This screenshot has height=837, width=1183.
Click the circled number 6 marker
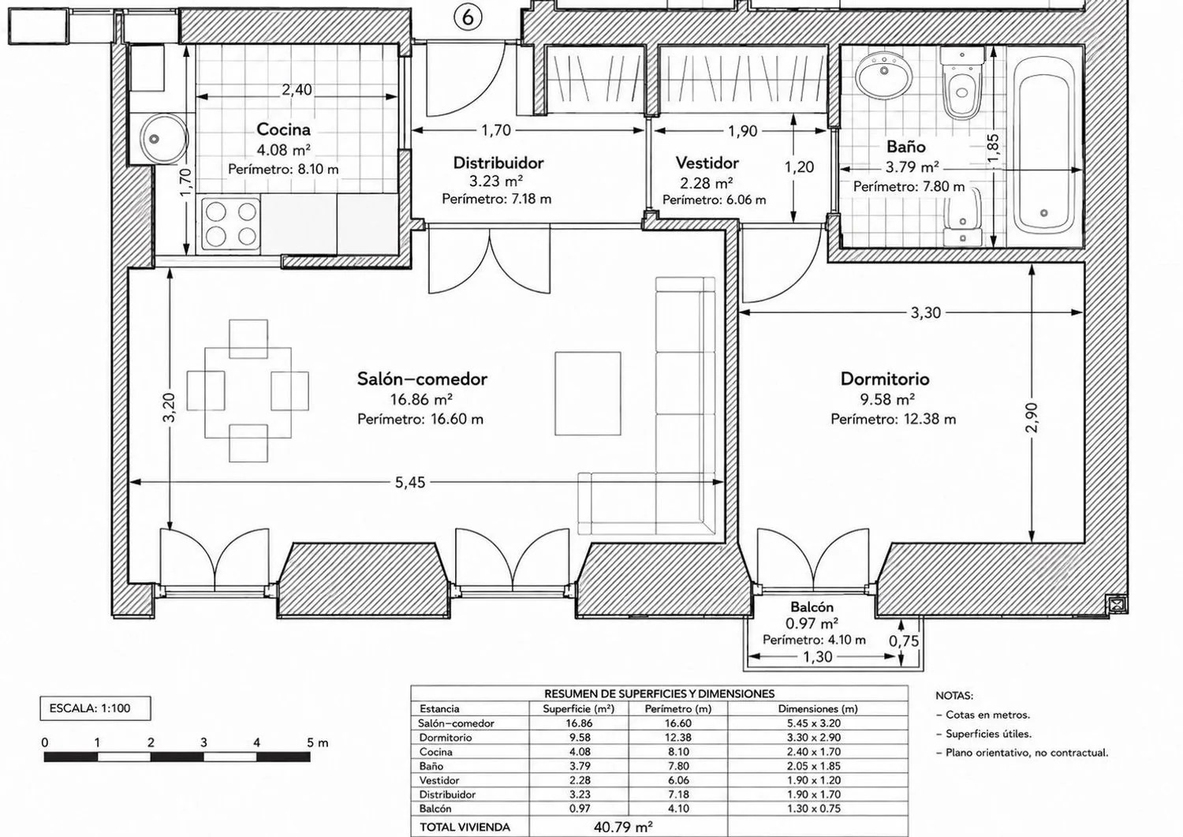tap(468, 17)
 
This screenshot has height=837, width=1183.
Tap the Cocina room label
tap(283, 129)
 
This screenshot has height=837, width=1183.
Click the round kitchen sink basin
tap(164, 139)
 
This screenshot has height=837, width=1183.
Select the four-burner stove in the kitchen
tap(231, 224)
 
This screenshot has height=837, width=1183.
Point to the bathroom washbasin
tap(884, 74)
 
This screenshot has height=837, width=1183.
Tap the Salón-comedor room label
tap(422, 379)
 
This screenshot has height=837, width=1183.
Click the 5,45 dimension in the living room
tap(410, 483)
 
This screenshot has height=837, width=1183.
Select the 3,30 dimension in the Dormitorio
tap(925, 313)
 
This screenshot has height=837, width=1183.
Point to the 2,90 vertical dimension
tap(1032, 417)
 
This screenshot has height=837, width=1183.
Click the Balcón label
tap(812, 607)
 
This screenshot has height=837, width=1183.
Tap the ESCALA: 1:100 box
tap(95, 708)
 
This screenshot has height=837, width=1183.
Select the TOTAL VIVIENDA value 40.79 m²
tap(623, 827)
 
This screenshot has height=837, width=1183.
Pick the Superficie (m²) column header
tap(578, 709)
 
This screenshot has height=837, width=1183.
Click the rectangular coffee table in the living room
tap(588, 394)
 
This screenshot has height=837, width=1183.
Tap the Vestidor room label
tap(707, 163)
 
